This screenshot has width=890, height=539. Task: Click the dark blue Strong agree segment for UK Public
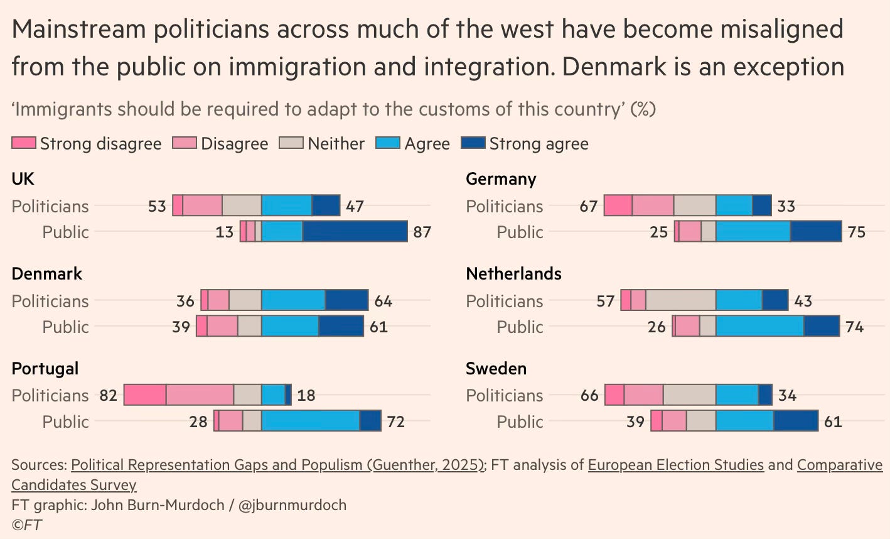[355, 232]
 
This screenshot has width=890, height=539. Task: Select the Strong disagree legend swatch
[24, 143]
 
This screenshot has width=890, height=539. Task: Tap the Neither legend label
[336, 144]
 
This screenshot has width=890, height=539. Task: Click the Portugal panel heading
[45, 368]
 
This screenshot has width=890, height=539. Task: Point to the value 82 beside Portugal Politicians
[109, 395]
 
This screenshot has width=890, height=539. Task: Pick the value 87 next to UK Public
[422, 232]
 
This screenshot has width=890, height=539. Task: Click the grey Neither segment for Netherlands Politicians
[680, 300]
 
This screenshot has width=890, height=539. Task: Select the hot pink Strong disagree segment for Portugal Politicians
[145, 395]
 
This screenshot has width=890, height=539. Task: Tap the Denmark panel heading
[47, 273]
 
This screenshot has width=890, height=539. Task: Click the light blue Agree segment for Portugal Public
[311, 421]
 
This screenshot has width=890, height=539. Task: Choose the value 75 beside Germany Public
[856, 232]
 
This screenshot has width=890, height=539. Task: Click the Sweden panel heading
[496, 368]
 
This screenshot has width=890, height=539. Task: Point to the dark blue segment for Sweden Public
[796, 421]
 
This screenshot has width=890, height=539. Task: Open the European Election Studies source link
[675, 465]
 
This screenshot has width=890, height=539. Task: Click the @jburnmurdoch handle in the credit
[292, 505]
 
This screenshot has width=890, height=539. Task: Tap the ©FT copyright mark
[27, 525]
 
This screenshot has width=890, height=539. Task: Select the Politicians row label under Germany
[504, 206]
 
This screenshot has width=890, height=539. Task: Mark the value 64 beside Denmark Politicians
[383, 301]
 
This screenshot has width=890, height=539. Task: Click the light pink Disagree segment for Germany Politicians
[653, 206]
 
